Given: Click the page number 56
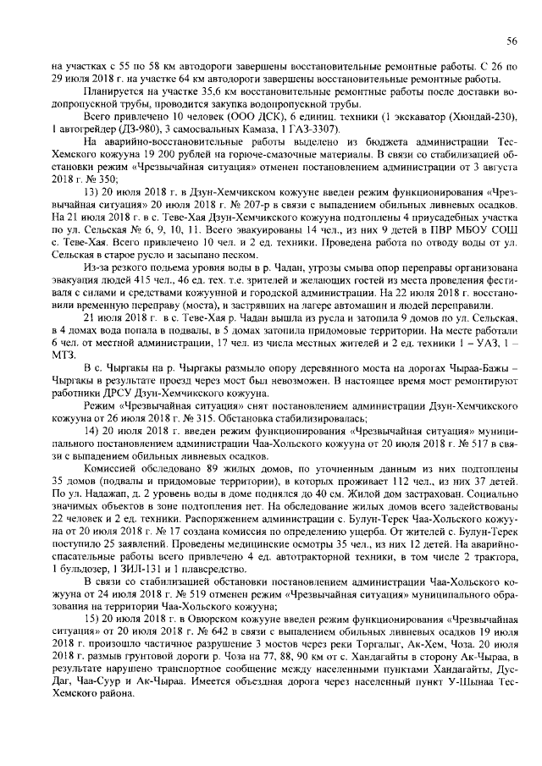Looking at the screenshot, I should pos(512,41).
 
